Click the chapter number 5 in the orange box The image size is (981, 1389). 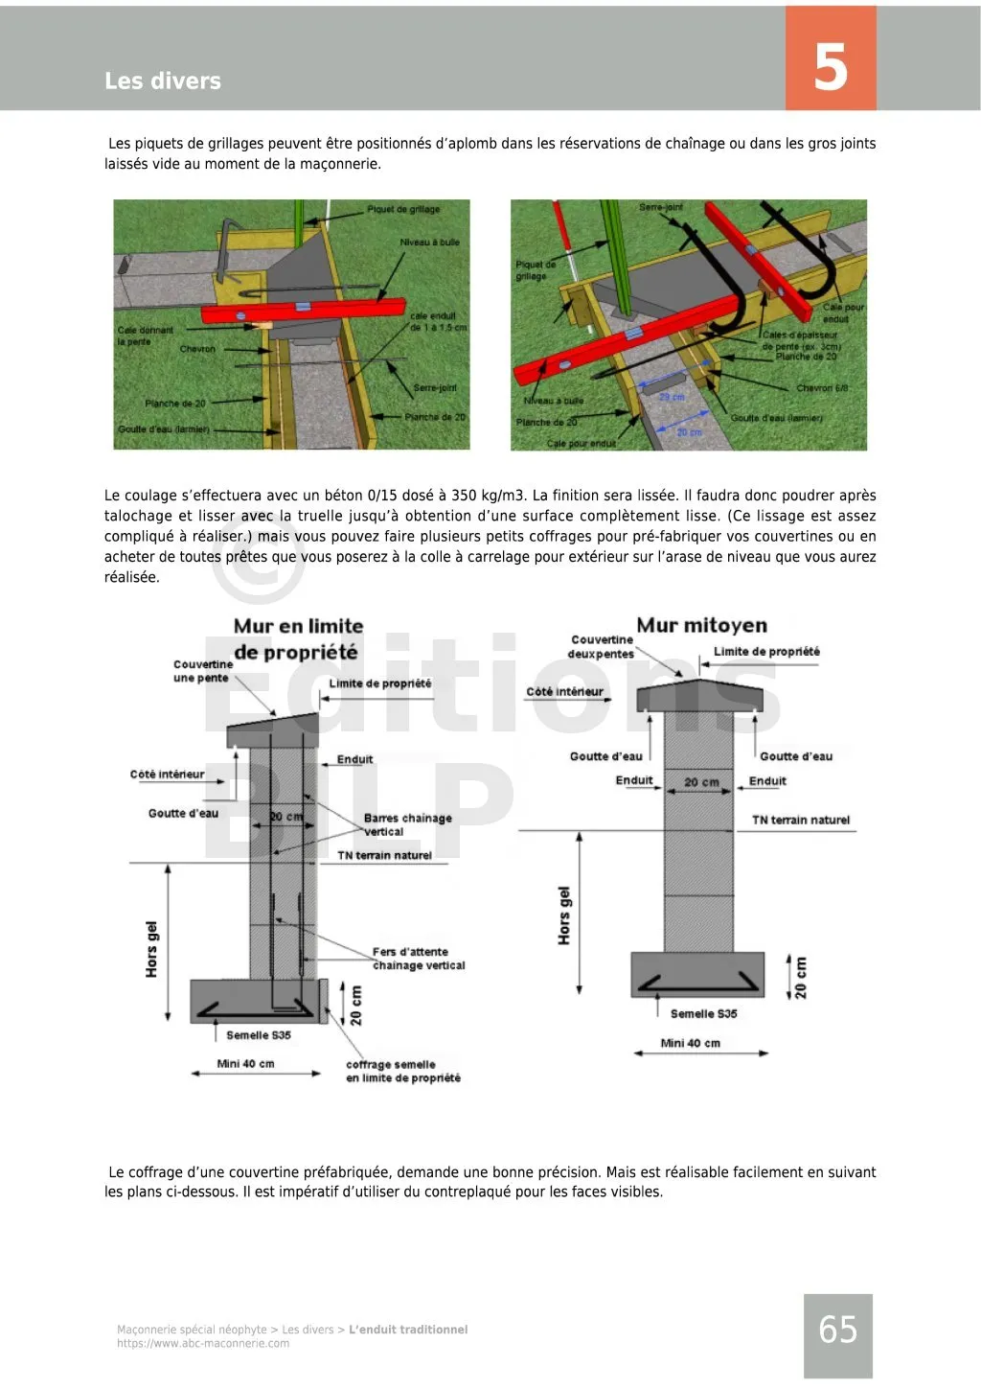(x=831, y=67)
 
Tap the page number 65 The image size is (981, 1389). (x=837, y=1330)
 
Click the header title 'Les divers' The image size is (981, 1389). (x=163, y=81)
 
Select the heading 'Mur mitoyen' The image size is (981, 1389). (x=701, y=626)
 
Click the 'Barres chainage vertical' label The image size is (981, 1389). (x=407, y=824)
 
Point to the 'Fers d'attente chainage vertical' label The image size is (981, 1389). (x=419, y=959)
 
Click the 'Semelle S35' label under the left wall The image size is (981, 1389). (x=259, y=1035)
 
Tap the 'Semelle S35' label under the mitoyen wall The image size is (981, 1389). (x=703, y=1014)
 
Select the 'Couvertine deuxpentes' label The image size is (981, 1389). (x=602, y=647)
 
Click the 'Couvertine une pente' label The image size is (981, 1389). (x=202, y=671)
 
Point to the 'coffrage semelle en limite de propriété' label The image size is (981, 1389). (x=403, y=1072)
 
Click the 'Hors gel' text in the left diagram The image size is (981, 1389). (x=151, y=949)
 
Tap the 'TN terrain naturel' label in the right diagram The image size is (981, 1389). (x=801, y=821)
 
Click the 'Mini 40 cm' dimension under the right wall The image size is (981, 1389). (x=690, y=1044)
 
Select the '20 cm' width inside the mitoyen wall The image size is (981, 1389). (x=701, y=782)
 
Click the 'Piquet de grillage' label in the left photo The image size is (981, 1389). (x=403, y=209)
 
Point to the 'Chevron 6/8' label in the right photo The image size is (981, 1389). (x=822, y=388)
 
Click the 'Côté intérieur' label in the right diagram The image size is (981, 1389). (x=565, y=691)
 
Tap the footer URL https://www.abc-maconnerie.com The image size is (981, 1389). (x=203, y=1344)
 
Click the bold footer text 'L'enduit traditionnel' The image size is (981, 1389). (x=408, y=1330)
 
